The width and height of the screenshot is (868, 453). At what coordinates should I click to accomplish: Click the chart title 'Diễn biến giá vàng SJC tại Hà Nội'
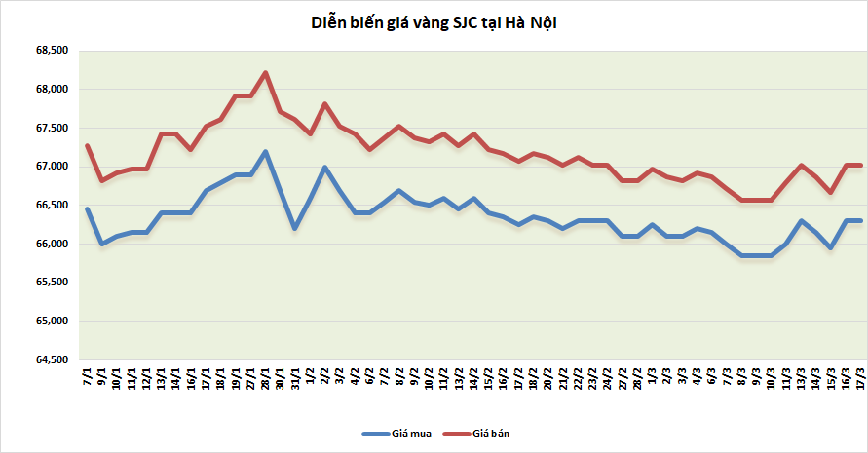pos(433,22)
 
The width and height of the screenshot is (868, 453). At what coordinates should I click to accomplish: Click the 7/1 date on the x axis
pos(88,376)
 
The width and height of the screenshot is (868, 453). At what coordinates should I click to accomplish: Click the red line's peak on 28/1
pos(266,72)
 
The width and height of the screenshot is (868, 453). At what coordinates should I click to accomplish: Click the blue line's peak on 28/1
pos(266,151)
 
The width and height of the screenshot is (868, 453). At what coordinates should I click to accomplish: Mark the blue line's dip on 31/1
pos(295,228)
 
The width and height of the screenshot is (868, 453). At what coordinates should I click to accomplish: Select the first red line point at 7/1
pos(88,146)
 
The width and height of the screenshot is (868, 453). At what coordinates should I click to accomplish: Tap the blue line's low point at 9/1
pos(102,244)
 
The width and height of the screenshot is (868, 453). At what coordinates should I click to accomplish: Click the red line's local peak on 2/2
pos(325,104)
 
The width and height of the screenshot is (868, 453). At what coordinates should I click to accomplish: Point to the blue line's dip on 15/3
pos(831,247)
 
